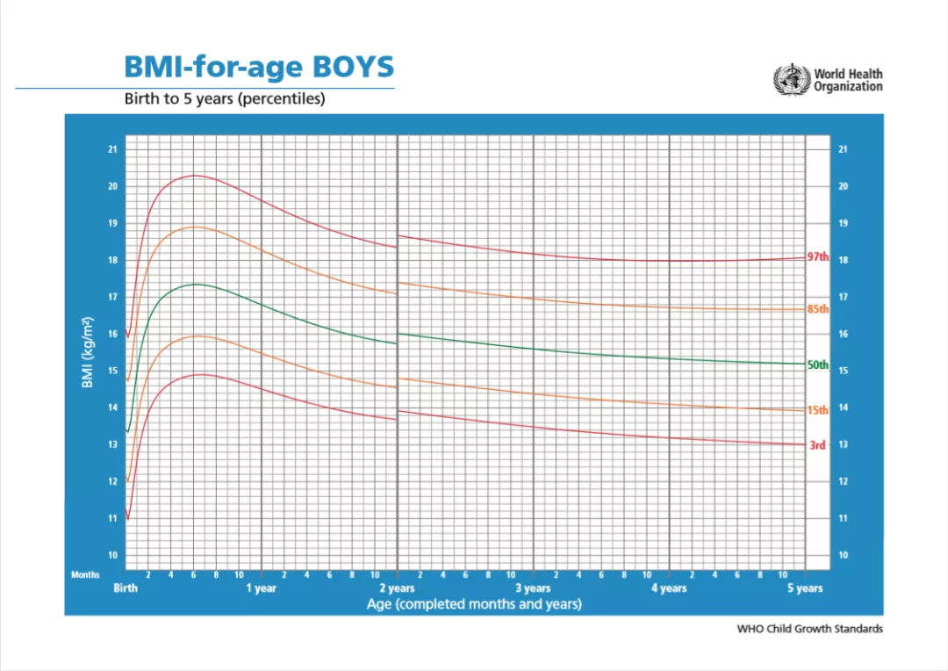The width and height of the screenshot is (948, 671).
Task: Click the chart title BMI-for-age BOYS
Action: [259, 67]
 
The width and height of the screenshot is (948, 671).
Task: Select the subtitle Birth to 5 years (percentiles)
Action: [225, 99]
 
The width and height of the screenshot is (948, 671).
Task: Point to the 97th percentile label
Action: [817, 256]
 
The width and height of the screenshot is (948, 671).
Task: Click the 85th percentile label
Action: [817, 309]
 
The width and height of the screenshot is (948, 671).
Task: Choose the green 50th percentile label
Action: [817, 364]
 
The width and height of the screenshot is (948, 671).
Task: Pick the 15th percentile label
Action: [817, 410]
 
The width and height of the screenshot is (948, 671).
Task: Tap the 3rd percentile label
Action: [817, 445]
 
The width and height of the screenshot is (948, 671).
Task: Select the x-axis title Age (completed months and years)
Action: [474, 604]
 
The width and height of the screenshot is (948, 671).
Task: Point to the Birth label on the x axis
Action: [126, 588]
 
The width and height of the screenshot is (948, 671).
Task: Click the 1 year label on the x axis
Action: [261, 588]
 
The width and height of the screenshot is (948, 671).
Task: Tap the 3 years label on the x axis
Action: [533, 588]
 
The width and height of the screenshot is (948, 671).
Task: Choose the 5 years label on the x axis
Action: [805, 588]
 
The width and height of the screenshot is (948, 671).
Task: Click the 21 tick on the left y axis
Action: [112, 149]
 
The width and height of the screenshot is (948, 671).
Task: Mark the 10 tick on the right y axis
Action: [843, 555]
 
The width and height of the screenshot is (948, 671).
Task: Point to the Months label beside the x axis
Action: [86, 575]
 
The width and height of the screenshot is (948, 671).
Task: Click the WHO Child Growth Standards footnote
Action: [810, 629]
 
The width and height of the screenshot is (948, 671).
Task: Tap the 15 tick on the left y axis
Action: [112, 371]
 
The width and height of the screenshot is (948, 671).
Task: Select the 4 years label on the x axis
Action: [669, 588]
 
